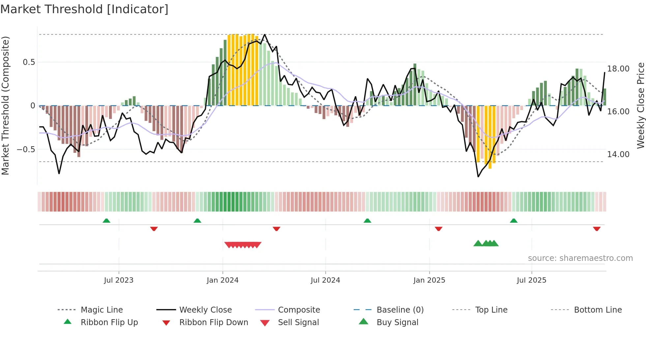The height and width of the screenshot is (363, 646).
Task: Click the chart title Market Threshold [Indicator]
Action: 84,9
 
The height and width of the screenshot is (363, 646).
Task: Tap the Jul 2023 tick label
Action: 119,280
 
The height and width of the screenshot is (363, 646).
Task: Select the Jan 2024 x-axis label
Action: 222,280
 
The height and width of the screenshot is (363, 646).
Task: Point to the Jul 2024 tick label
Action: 325,280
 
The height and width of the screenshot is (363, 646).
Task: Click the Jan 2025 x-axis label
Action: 429,280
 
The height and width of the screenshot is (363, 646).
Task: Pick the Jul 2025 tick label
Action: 531,280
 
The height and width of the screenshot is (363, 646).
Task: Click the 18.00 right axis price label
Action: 618,69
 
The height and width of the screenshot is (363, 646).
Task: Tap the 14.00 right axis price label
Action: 618,154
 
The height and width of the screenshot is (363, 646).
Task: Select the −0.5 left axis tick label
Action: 26,150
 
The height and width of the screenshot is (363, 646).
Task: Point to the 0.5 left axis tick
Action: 29,62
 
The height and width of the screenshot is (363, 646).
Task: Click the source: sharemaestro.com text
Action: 580,258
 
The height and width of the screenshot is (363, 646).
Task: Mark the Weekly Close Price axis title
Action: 640,105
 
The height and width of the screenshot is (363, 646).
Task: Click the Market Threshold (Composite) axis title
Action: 5,105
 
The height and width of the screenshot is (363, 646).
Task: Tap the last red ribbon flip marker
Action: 597,229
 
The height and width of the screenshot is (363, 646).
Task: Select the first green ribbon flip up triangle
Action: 106,221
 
